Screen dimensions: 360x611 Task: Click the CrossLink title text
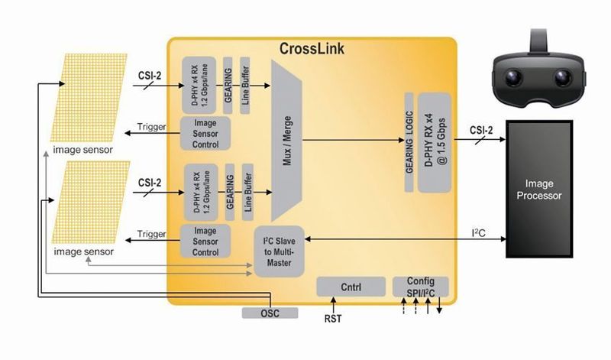pos(312,50)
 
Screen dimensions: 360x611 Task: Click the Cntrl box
pos(351,287)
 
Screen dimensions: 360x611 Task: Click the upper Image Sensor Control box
pos(205,132)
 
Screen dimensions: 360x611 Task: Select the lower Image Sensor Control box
pos(205,240)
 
